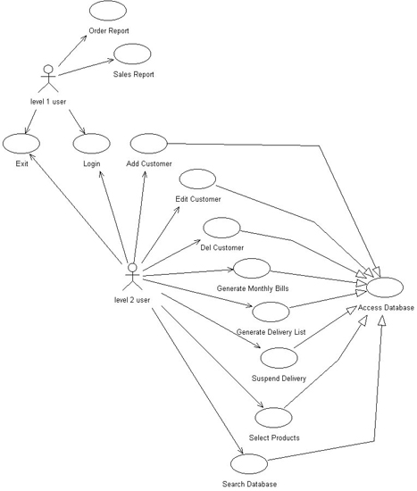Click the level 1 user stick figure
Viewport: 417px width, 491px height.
point(48,79)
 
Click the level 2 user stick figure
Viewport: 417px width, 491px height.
point(133,277)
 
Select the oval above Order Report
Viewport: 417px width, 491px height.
point(108,11)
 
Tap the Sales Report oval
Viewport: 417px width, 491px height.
point(132,54)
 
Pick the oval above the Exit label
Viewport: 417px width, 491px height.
point(21,144)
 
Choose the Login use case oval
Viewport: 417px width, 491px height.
point(91,144)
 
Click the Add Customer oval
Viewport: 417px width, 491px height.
point(149,144)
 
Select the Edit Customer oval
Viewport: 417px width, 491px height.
point(197,179)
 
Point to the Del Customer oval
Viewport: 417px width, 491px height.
point(221,228)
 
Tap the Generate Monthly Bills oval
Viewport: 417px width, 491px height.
point(252,269)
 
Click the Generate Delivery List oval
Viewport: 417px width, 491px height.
point(271,312)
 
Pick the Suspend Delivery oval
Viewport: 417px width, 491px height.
point(279,358)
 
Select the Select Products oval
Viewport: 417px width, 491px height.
point(273,418)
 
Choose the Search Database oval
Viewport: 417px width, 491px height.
point(249,463)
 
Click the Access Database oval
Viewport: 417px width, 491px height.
point(385,287)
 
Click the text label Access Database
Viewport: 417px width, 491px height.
point(386,308)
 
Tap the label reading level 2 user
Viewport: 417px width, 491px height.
point(132,300)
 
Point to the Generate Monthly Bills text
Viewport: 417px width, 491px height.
point(253,288)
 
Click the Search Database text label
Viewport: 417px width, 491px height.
point(249,484)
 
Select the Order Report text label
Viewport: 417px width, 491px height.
point(109,30)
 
